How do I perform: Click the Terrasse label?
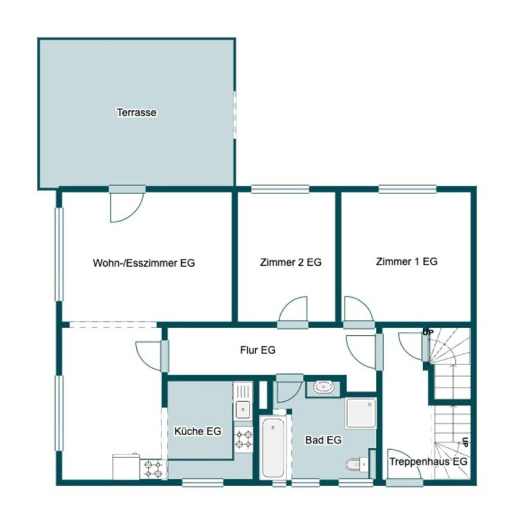coord(136,112)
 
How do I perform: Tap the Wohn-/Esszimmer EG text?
coord(144,263)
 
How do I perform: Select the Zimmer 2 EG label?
coord(291,262)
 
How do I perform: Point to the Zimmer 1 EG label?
coord(406,262)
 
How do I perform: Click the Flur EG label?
coord(258,350)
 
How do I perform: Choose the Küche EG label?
coord(198,431)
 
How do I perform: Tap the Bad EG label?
coord(323,440)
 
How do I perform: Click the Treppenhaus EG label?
coord(428,461)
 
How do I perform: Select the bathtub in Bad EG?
coord(273,447)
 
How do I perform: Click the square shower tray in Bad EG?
coord(361,413)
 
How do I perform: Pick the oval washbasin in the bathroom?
coord(323,387)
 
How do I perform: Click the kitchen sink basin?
coord(243,410)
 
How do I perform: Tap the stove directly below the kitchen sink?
coord(243,439)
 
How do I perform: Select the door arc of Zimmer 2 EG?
coord(292,309)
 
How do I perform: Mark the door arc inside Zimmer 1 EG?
coord(359,309)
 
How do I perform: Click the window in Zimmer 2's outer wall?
coord(280,189)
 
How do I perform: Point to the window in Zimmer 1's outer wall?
coord(407,189)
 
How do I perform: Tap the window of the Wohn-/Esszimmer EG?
coord(59,254)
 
